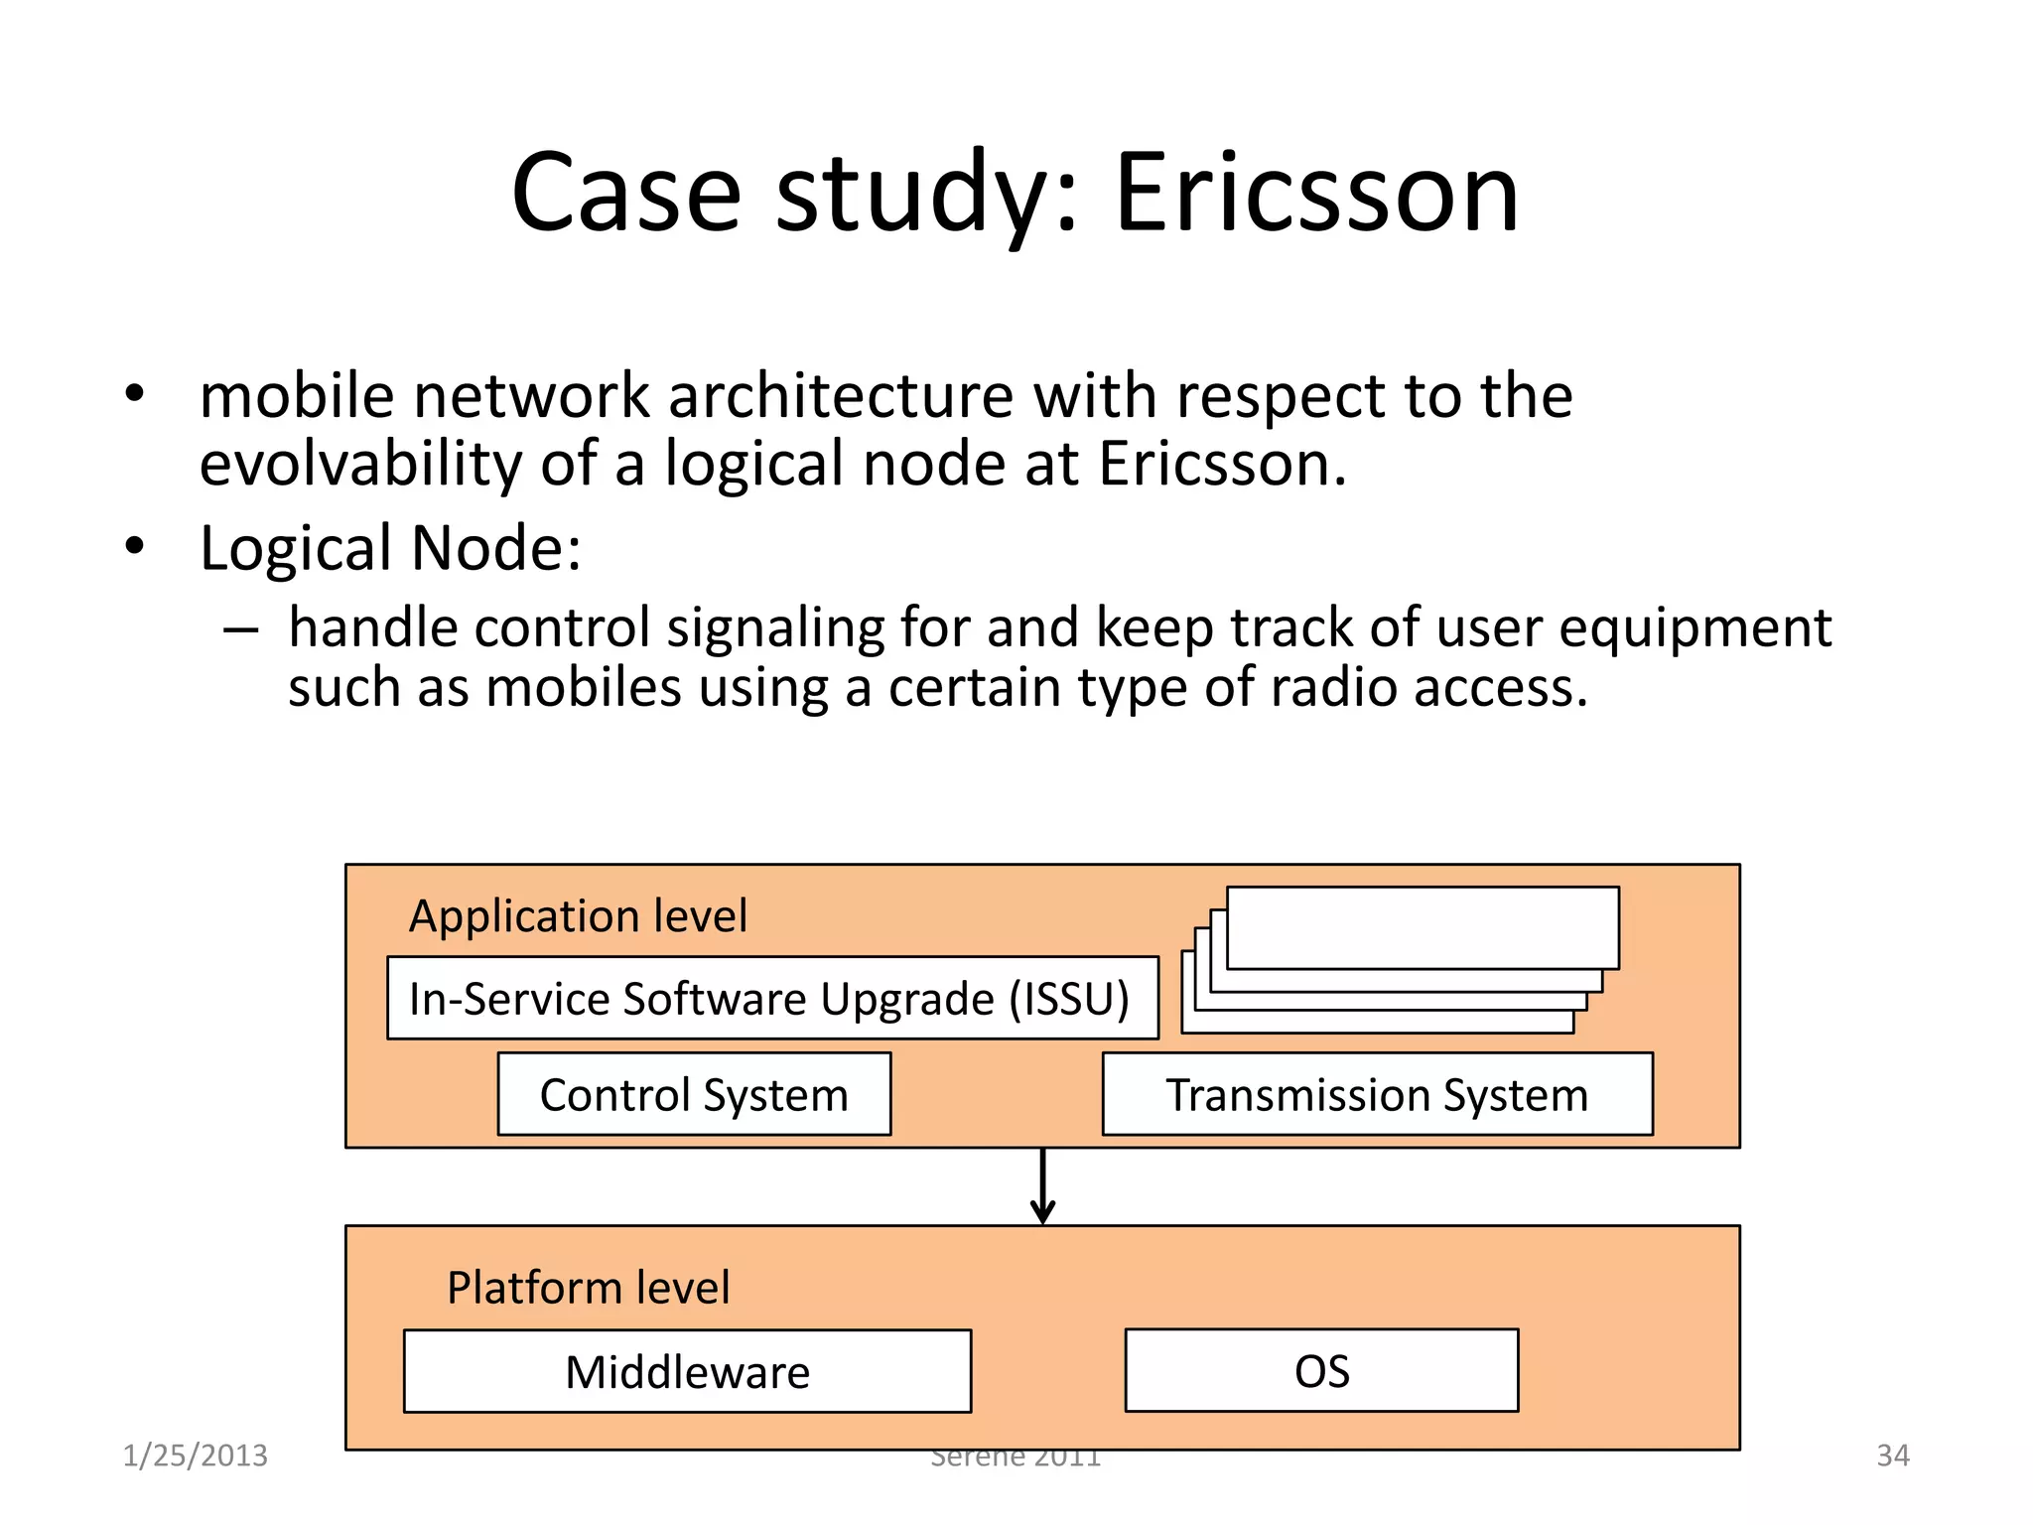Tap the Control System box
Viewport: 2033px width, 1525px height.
point(694,1094)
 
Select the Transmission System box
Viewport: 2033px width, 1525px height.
point(1377,1094)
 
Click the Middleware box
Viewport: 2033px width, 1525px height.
point(687,1371)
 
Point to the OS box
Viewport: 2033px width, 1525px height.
point(1321,1370)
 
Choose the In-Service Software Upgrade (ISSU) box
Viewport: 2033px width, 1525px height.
point(771,998)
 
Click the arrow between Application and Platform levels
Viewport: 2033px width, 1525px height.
point(1042,1187)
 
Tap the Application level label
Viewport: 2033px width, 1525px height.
point(578,915)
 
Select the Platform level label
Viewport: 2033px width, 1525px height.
point(588,1288)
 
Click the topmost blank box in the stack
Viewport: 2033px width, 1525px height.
point(1423,927)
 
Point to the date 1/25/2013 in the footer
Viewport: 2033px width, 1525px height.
point(195,1456)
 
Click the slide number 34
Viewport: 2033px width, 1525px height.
point(1893,1456)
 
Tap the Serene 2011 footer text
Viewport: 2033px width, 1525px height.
point(1016,1457)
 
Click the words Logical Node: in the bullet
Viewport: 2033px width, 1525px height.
point(390,548)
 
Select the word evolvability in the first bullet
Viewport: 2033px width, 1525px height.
point(361,464)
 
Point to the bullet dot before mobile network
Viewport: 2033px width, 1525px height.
point(135,394)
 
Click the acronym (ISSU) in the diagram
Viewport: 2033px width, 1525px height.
point(1068,998)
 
